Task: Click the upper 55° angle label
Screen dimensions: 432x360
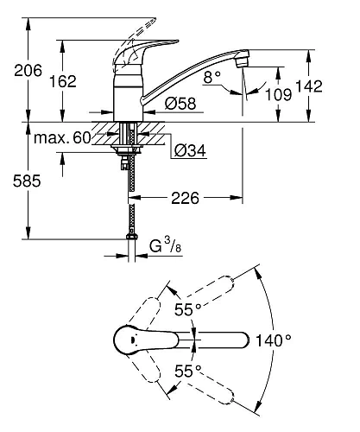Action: (186, 308)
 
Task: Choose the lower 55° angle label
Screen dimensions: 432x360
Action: (186, 372)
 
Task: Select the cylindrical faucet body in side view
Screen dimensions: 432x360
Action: (130, 98)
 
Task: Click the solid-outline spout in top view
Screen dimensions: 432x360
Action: (216, 340)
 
